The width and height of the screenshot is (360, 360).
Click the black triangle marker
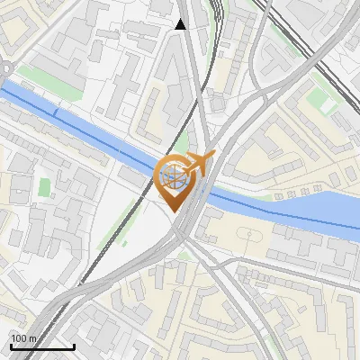[180, 25]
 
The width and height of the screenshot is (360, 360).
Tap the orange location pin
[175, 180]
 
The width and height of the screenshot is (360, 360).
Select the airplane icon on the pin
[199, 164]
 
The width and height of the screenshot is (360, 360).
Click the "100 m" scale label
[23, 338]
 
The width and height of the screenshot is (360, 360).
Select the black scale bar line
[42, 346]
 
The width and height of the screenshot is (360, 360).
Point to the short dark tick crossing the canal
[56, 112]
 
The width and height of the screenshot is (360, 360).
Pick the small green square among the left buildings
[44, 186]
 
